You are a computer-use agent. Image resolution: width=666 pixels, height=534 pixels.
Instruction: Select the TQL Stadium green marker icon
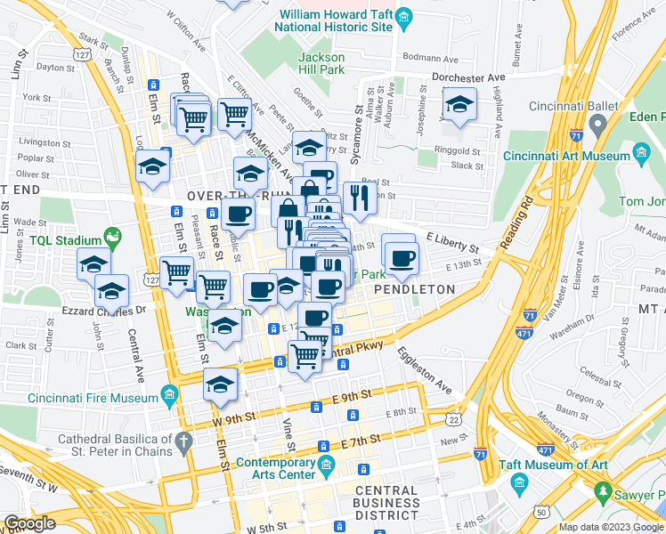click(112, 237)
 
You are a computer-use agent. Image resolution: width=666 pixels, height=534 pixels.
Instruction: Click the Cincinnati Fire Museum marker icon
click(169, 393)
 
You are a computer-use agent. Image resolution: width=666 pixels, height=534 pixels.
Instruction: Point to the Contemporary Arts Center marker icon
click(326, 464)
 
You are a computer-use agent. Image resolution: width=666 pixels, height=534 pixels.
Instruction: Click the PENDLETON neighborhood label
click(414, 289)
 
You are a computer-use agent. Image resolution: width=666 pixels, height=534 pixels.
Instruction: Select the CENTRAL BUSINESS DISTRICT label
click(387, 503)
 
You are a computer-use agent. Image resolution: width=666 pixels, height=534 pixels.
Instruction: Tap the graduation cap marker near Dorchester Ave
click(459, 106)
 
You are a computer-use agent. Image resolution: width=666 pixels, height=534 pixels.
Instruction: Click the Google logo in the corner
click(29, 523)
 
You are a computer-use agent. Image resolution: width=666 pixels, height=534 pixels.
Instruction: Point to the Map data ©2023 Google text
click(611, 527)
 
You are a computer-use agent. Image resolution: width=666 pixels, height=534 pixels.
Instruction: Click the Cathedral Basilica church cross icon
click(183, 440)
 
